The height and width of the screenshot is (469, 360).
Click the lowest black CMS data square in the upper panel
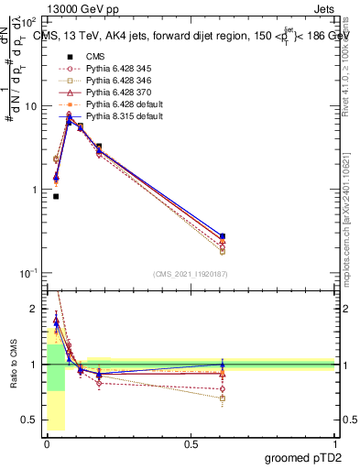click(x=56, y=196)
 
